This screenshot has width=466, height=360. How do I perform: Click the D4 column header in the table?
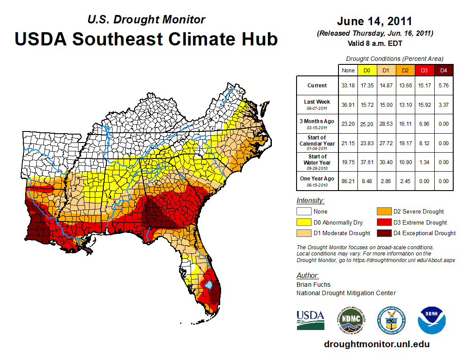pos(444,71)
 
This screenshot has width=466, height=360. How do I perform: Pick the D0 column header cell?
pos(367,71)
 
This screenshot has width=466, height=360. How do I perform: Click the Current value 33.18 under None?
pos(348,86)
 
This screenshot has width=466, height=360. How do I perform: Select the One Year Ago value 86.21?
pos(348,181)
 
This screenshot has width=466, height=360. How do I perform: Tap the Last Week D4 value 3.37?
pos(444,105)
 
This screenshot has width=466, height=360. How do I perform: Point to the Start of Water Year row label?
pos(317,162)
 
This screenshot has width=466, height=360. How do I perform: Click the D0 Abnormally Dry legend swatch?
pos(304,222)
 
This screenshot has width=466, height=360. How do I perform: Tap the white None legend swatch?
pos(304,212)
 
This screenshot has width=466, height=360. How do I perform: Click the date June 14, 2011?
pos(374,21)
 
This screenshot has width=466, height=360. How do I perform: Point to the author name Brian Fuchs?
pos(313,285)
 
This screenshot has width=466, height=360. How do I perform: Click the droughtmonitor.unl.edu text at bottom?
pos(376,344)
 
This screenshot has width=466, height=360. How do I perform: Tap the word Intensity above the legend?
pos(310,201)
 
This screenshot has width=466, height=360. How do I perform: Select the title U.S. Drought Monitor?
pos(146,19)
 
